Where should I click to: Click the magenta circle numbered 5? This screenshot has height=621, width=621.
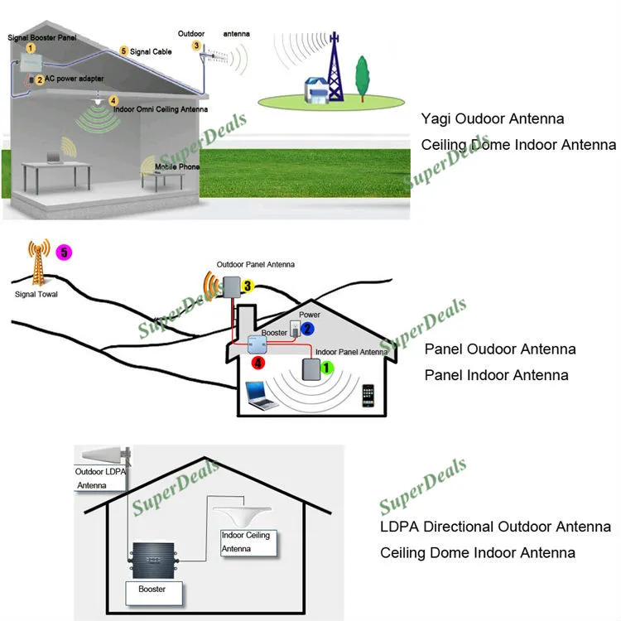coord(64,253)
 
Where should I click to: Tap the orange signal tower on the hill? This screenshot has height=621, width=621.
coord(38,262)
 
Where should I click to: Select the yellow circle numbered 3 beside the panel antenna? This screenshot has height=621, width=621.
coord(248,286)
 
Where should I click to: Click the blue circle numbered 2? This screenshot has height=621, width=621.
coord(307,329)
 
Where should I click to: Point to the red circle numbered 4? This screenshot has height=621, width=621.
coord(258,363)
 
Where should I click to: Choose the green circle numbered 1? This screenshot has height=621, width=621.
coord(326,368)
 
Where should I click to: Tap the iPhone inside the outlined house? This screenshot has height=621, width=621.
coord(368,395)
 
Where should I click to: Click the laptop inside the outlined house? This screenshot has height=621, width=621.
coord(259,396)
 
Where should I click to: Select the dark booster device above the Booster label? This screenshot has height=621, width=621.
coord(153,561)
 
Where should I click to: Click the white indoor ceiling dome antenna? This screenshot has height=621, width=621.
coord(242,516)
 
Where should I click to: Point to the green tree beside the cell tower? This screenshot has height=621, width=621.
coord(362,79)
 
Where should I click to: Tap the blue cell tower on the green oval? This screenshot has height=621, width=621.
coord(335,66)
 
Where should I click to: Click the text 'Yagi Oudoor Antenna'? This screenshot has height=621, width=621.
coord(493,118)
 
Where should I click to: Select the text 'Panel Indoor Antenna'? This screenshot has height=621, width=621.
coord(496,375)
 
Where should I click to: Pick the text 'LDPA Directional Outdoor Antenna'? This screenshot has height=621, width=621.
coord(495,527)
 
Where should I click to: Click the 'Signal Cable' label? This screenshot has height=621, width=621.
coord(151,51)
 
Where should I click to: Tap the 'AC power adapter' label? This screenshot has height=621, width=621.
coord(74,79)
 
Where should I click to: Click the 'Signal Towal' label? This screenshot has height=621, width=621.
coord(36,294)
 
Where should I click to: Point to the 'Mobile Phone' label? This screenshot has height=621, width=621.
coord(177,166)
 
